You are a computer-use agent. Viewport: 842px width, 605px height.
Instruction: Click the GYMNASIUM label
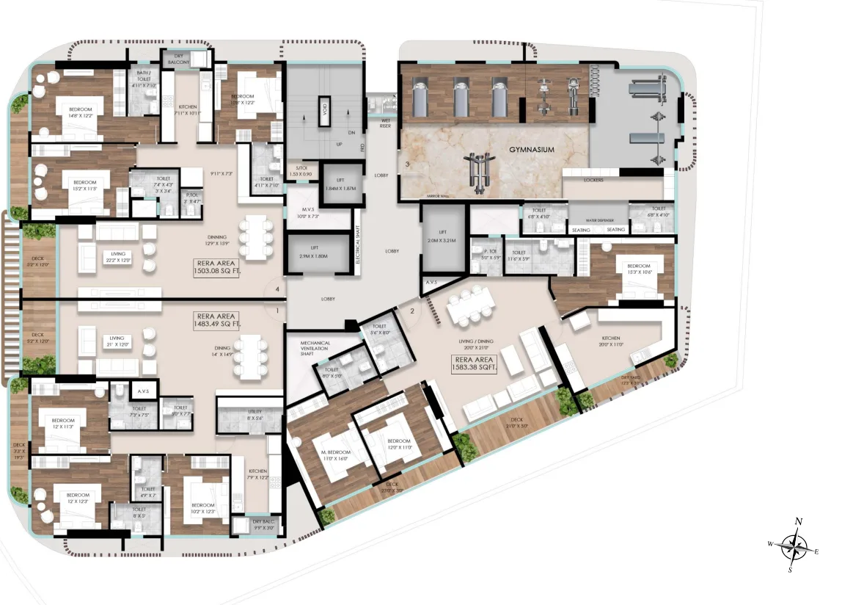(531, 150)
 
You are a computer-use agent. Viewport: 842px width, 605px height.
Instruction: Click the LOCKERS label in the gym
(593, 179)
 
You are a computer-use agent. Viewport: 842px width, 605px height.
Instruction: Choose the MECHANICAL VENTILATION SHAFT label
(315, 347)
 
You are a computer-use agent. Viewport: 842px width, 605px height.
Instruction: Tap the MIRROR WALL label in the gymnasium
(437, 197)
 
